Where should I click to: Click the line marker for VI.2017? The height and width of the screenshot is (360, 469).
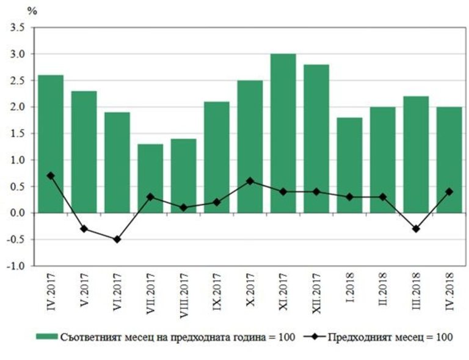(117, 239)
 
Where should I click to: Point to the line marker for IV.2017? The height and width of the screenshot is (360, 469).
(51, 176)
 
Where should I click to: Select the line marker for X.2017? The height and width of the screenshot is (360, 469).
(250, 181)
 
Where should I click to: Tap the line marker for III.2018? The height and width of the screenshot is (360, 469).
(416, 229)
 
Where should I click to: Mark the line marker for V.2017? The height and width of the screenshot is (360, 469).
(84, 229)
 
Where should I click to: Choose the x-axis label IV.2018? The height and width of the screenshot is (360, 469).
(449, 295)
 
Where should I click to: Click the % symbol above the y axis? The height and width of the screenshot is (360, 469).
(31, 11)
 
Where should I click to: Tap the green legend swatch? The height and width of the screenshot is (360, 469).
(46, 337)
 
